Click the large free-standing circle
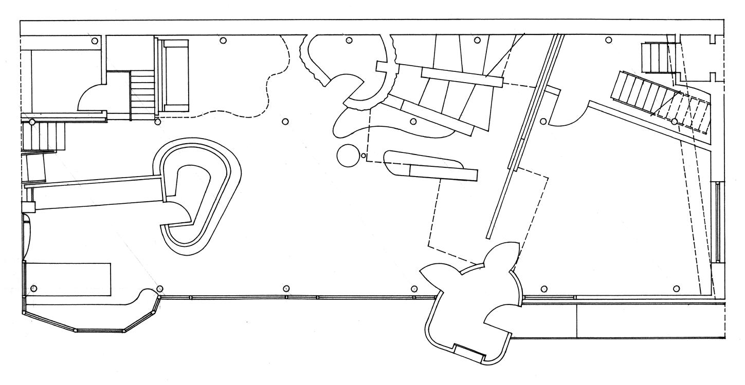(348, 156)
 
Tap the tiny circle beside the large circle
(364, 155)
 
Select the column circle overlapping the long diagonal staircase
(674, 122)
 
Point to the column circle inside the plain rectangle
(34, 288)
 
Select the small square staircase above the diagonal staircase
(654, 59)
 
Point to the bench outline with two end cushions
(175, 75)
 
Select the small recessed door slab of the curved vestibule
(468, 353)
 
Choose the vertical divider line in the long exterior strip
(576, 321)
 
